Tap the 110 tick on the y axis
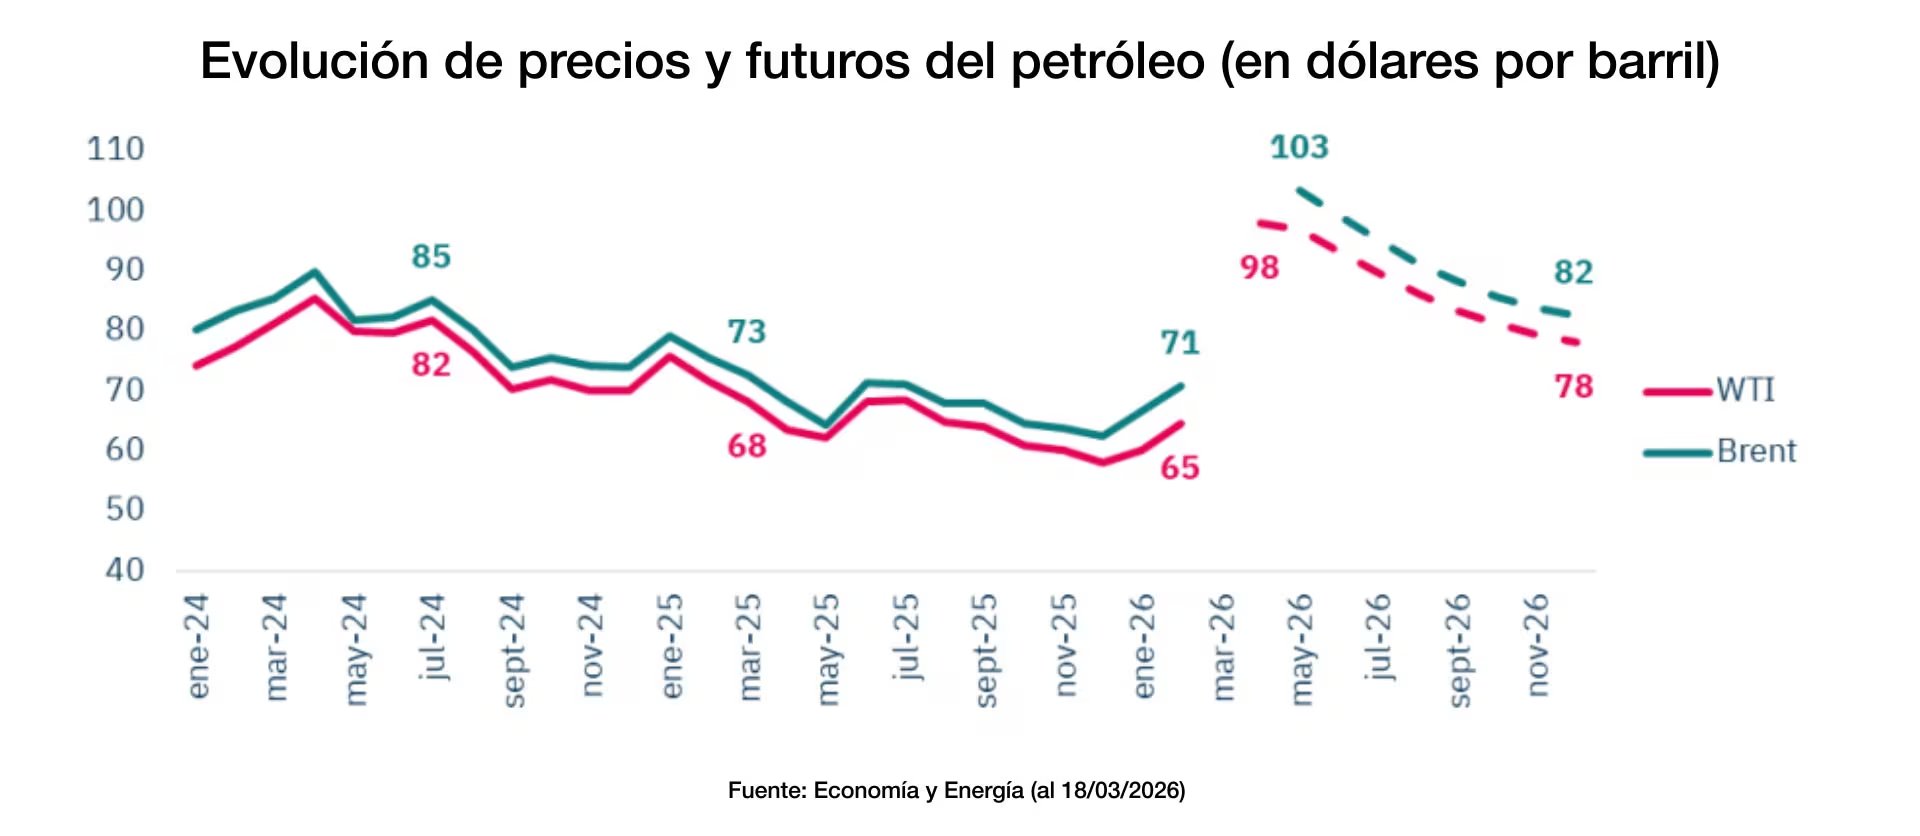pyautogui.click(x=116, y=149)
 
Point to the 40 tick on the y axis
pyautogui.click(x=125, y=570)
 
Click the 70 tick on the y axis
pyautogui.click(x=125, y=390)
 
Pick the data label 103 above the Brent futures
pyautogui.click(x=1299, y=148)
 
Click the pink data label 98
pyautogui.click(x=1259, y=268)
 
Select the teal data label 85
pyautogui.click(x=431, y=257)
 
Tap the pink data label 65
pyautogui.click(x=1179, y=468)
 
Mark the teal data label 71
pyautogui.click(x=1179, y=343)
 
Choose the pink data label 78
pyautogui.click(x=1573, y=387)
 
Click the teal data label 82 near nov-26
pyautogui.click(x=1573, y=272)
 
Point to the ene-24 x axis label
pyautogui.click(x=198, y=646)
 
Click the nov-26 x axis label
pyautogui.click(x=1537, y=645)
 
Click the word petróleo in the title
pyautogui.click(x=1108, y=62)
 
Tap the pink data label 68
pyautogui.click(x=746, y=446)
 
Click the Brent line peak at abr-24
pyautogui.click(x=314, y=272)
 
